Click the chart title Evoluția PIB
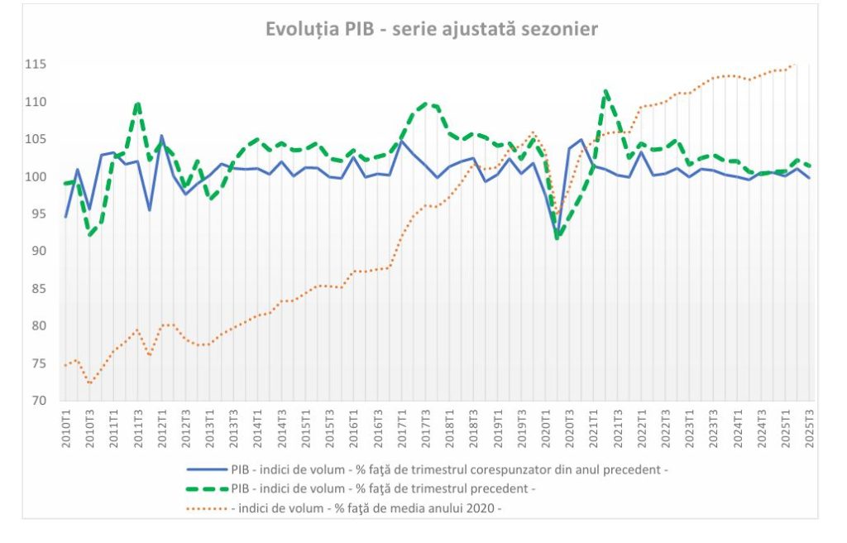click(x=431, y=29)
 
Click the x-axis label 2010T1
click(x=66, y=427)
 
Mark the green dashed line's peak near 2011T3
click(x=137, y=103)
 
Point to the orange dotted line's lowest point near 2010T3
click(x=89, y=383)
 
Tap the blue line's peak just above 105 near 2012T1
click(x=161, y=136)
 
